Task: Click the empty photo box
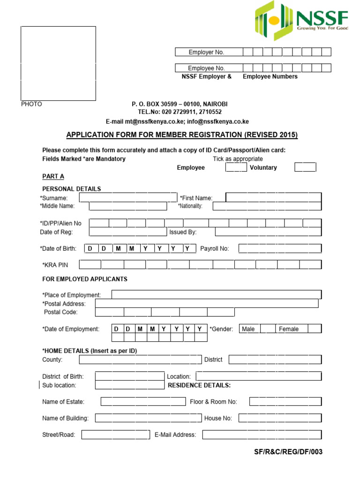click(x=58, y=63)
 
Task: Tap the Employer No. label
click(x=206, y=52)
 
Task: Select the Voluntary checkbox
click(x=305, y=167)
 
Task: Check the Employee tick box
click(x=236, y=167)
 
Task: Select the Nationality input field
click(x=267, y=206)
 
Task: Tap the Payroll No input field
click(x=280, y=248)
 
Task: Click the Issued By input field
click(x=268, y=232)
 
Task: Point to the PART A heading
click(x=53, y=176)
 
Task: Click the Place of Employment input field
click(x=217, y=294)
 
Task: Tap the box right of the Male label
click(x=268, y=329)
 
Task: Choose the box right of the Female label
click(x=315, y=329)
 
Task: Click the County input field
click(x=140, y=360)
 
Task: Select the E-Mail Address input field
click(x=262, y=435)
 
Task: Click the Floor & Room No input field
click(x=285, y=401)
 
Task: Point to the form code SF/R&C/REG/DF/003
click(x=288, y=452)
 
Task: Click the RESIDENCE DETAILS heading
click(x=199, y=385)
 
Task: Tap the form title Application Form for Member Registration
click(x=182, y=135)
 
